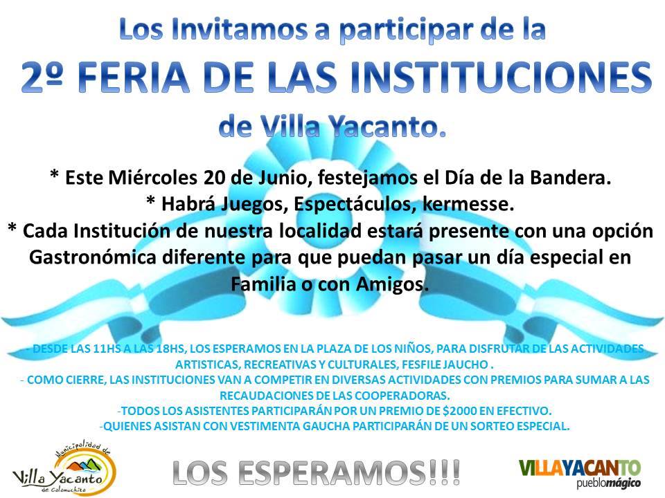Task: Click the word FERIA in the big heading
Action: click(x=134, y=77)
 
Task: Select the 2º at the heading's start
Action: click(x=42, y=77)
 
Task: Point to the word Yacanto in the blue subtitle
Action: click(x=388, y=127)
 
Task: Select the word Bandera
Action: click(x=570, y=178)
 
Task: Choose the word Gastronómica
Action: click(x=93, y=257)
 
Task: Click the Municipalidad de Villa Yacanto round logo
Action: click(x=64, y=468)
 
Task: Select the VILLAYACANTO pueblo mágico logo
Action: click(x=580, y=473)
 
